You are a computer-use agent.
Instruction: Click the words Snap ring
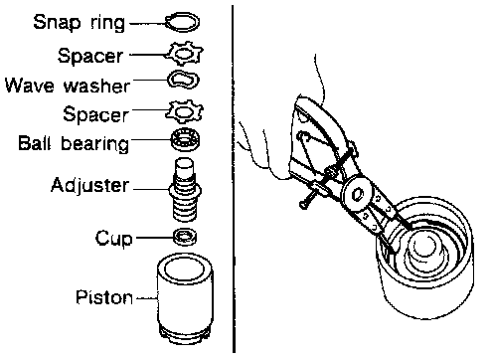click(80, 23)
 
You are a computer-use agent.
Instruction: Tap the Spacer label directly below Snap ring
click(90, 56)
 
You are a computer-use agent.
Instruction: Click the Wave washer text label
click(68, 86)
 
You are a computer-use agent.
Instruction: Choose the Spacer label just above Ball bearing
click(95, 114)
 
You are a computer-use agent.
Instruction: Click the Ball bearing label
click(74, 143)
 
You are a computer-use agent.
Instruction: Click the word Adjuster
click(89, 185)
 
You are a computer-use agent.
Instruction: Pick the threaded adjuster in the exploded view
click(185, 190)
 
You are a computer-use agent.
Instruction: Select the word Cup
click(114, 239)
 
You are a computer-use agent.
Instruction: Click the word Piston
click(104, 297)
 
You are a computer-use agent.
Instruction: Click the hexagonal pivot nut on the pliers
click(358, 195)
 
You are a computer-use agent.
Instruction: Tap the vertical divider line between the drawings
click(234, 179)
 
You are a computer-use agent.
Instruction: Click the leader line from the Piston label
click(146, 298)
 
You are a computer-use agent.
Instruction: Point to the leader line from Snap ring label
click(148, 23)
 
